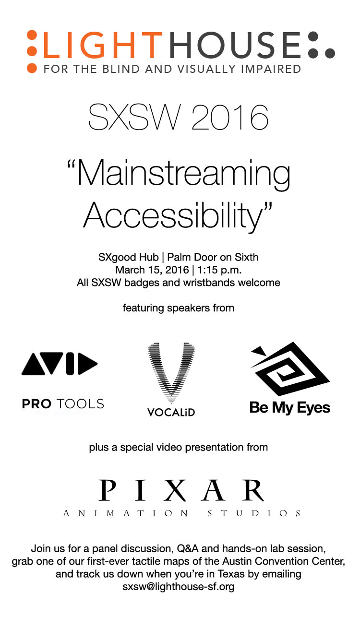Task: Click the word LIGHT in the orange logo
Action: pyautogui.click(x=102, y=45)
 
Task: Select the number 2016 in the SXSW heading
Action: pyautogui.click(x=230, y=117)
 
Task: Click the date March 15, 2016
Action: pyautogui.click(x=152, y=270)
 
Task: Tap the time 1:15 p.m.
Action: pyautogui.click(x=220, y=270)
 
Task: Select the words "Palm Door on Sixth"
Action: pyautogui.click(x=213, y=257)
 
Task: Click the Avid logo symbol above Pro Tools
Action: pyautogui.click(x=60, y=364)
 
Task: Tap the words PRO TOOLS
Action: pyautogui.click(x=63, y=403)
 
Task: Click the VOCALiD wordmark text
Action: pyautogui.click(x=171, y=412)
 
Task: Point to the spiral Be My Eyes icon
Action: pyautogui.click(x=290, y=368)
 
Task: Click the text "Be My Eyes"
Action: pyautogui.click(x=289, y=408)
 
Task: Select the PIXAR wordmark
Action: pyautogui.click(x=181, y=490)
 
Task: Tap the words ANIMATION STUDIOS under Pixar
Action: pyautogui.click(x=181, y=513)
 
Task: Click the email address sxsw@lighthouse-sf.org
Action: pyautogui.click(x=179, y=587)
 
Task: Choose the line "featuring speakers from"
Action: pyautogui.click(x=179, y=308)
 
